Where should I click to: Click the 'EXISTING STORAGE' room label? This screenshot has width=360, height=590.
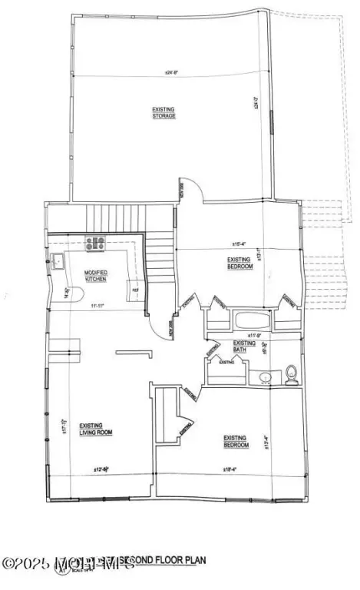click(163, 113)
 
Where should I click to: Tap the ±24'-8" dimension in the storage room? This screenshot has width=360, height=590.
click(170, 74)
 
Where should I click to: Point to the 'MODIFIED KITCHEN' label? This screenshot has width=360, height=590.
click(96, 276)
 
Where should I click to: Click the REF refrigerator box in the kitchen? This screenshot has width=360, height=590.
click(130, 289)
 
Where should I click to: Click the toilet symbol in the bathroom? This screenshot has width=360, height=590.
click(291, 374)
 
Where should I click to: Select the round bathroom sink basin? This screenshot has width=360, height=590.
click(265, 377)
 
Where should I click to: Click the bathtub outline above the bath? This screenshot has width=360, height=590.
click(257, 321)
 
